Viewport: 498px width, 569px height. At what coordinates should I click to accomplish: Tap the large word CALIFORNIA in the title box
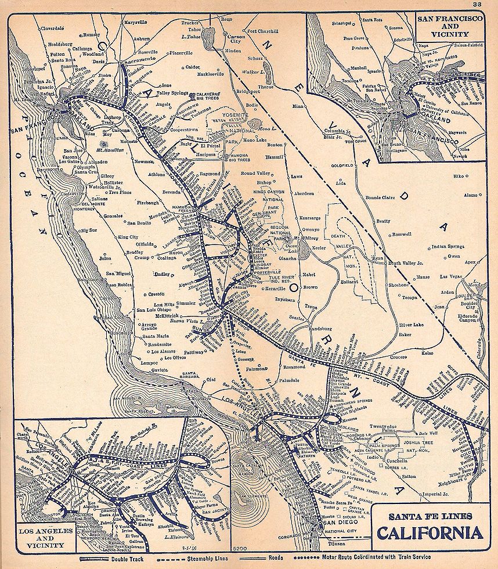point(430,532)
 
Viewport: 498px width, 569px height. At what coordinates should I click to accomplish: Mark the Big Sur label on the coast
point(88,231)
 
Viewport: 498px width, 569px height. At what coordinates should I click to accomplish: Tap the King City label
point(128,237)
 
